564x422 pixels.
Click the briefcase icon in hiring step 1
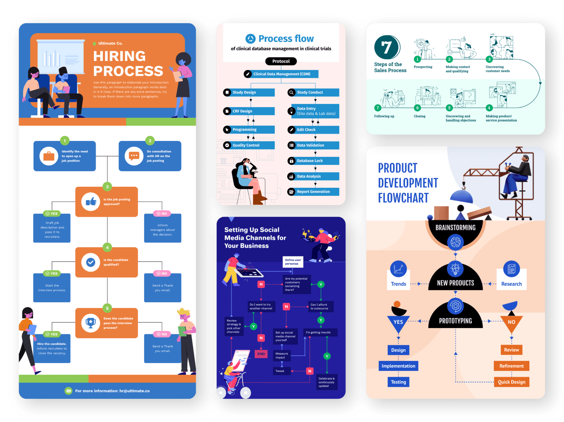click(x=49, y=156)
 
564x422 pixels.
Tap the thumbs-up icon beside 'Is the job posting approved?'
click(x=91, y=202)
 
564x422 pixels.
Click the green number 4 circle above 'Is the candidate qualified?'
click(x=107, y=247)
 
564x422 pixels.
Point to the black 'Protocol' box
click(x=281, y=61)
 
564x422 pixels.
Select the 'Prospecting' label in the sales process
click(x=423, y=67)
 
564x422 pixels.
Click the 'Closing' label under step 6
click(x=419, y=116)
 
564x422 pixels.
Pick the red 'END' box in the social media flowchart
click(x=261, y=354)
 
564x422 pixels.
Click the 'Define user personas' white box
click(x=293, y=262)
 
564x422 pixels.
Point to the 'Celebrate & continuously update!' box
click(x=327, y=382)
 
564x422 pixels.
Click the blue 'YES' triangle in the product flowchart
click(x=398, y=323)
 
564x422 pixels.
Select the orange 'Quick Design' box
click(x=511, y=382)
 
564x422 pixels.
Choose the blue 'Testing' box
click(x=398, y=382)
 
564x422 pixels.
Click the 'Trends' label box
click(x=398, y=284)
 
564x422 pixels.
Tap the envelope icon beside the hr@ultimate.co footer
click(x=68, y=391)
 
